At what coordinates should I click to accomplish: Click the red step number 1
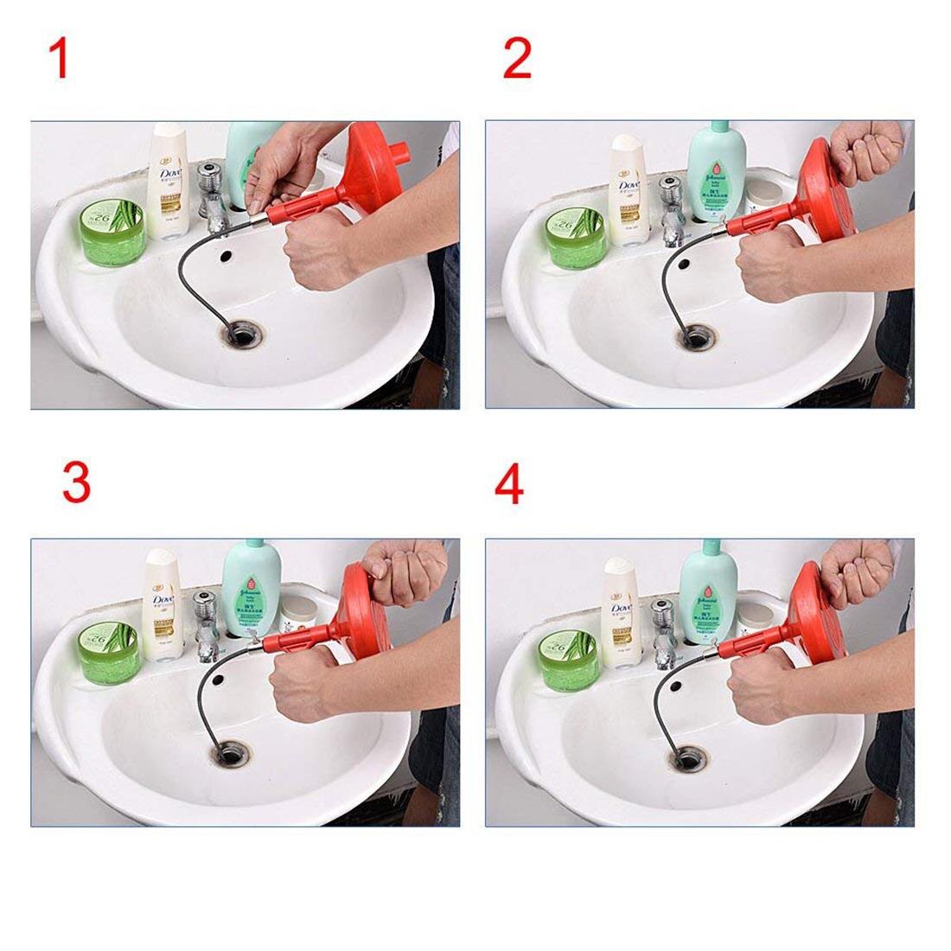click(x=58, y=60)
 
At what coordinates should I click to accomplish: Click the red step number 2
click(x=517, y=60)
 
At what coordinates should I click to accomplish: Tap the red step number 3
click(x=76, y=482)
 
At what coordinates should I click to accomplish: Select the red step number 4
click(x=509, y=484)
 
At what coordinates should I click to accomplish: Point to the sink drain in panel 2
click(x=695, y=337)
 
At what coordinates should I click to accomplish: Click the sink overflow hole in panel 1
click(x=227, y=257)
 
